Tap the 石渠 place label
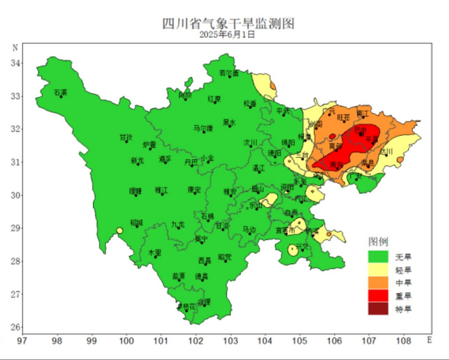pyautogui.click(x=60, y=93)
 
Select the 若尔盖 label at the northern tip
pyautogui.click(x=228, y=73)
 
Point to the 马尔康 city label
pyautogui.click(x=203, y=128)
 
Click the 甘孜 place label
pyautogui.click(x=126, y=137)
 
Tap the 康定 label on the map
pyautogui.click(x=194, y=190)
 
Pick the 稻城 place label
pyautogui.click(x=137, y=223)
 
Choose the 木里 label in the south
pyautogui.click(x=155, y=253)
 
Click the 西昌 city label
pyautogui.click(x=205, y=261)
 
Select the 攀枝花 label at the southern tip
pyautogui.click(x=187, y=307)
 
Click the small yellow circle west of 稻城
pyautogui.click(x=119, y=230)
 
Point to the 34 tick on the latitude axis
pyautogui.click(x=16, y=63)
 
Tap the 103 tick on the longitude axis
pyautogui.click(x=230, y=341)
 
